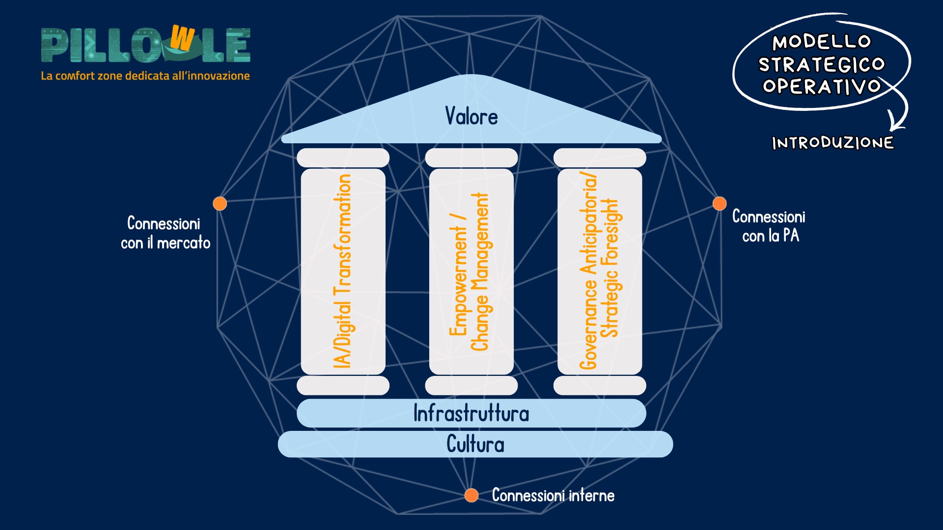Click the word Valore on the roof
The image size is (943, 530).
point(471,117)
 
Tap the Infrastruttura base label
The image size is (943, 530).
point(471,413)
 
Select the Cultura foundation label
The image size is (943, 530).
point(475,445)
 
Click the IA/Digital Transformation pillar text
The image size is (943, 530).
point(342,271)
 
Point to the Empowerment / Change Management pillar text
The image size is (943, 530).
point(469,271)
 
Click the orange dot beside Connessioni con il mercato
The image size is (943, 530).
point(220,203)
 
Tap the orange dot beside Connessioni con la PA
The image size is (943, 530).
point(720,203)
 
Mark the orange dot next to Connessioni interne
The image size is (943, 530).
point(471,495)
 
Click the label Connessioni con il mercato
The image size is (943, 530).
point(165,233)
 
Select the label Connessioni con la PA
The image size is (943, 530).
point(769,226)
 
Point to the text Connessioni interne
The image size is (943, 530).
point(553,495)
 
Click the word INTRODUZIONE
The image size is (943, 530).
point(832,143)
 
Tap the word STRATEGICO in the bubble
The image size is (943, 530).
point(821,64)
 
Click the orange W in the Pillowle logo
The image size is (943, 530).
point(182,39)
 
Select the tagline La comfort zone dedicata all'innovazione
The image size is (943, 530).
point(145,76)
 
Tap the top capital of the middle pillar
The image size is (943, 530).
point(471,158)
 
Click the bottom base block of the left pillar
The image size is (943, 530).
point(343,386)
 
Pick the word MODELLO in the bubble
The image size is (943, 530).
point(822,42)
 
